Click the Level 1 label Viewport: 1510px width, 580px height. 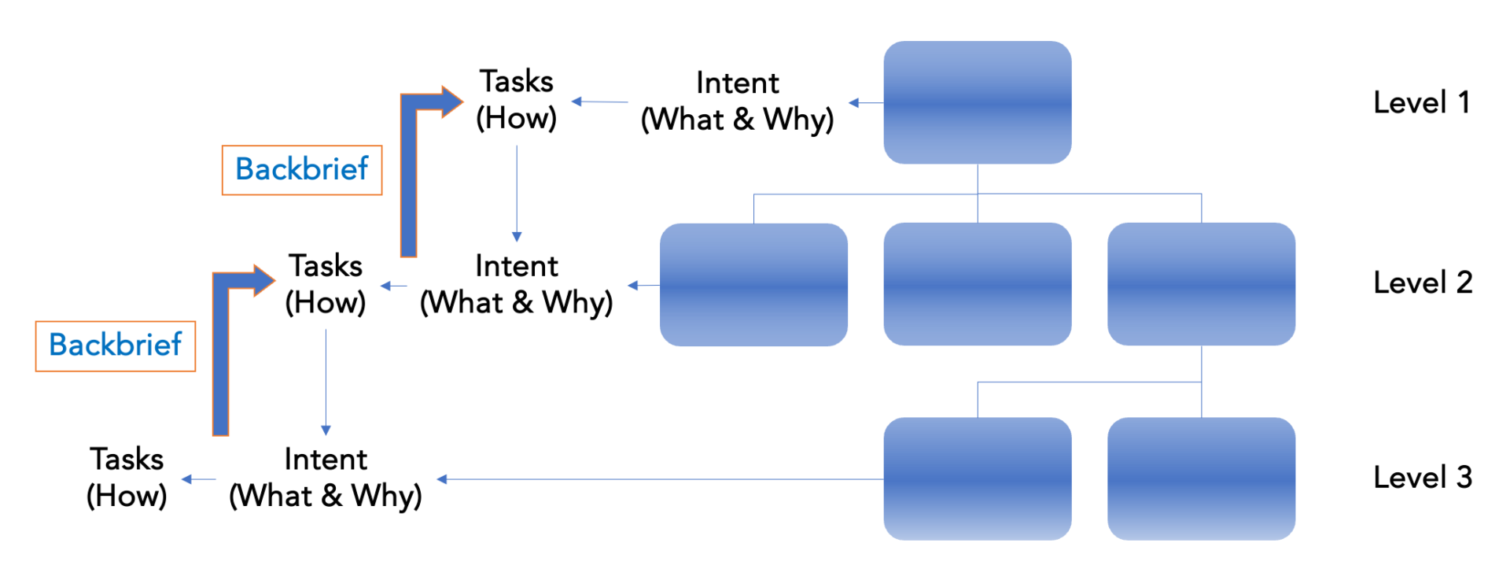(1421, 102)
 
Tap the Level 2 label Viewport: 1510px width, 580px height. (1422, 283)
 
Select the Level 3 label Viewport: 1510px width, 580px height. (1422, 478)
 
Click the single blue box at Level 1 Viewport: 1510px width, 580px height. (977, 102)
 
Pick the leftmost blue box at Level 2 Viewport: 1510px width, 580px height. (753, 284)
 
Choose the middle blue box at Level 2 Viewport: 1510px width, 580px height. (977, 284)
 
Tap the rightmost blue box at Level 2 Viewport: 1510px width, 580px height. (1201, 284)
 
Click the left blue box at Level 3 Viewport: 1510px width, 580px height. (977, 478)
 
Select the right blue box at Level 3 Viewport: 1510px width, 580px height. (1201, 478)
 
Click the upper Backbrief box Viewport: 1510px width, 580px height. (302, 170)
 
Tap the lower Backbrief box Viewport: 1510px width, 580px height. (116, 345)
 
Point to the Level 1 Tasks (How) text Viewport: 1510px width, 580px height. (517, 100)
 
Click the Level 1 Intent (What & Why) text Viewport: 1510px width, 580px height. (737, 102)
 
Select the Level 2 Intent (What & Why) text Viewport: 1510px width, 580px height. (516, 284)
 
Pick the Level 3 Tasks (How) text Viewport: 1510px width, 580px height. (127, 478)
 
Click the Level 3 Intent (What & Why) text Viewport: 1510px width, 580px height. (326, 478)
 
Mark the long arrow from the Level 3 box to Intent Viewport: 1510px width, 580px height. (661, 479)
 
